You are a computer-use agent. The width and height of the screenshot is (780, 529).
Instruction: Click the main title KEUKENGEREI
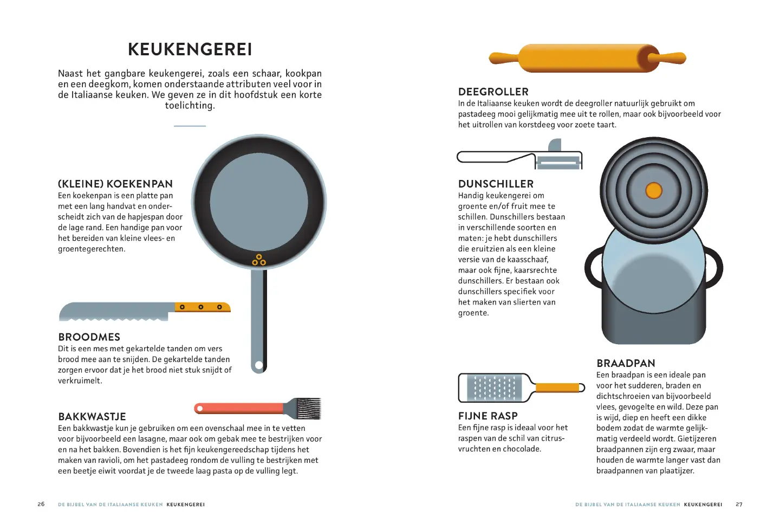point(190,49)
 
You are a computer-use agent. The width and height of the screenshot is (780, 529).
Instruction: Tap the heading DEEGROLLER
point(493,92)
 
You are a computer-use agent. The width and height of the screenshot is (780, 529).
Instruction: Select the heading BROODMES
point(89,337)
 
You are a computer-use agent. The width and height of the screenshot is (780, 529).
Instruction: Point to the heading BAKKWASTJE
point(92,416)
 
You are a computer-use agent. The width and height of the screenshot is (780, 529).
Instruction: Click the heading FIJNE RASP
point(487,416)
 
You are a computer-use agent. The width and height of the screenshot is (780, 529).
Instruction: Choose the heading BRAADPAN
point(626,363)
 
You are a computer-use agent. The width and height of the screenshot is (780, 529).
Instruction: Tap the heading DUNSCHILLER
point(496,184)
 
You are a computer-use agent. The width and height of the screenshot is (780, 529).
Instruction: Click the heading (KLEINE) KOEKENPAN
point(115,184)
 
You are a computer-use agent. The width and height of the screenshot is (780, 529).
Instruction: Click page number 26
point(41,504)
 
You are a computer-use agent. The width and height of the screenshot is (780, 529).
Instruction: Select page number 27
point(739,504)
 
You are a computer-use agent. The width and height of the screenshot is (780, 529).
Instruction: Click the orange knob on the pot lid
point(654,191)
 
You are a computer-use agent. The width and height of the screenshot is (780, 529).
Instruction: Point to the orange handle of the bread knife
point(201,307)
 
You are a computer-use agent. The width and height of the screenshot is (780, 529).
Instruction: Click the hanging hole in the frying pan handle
point(259,365)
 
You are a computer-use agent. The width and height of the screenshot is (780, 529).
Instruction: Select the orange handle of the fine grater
point(558,388)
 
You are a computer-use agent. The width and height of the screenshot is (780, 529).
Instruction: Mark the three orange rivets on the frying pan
point(259,260)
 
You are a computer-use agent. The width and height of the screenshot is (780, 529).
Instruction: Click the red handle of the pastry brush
point(238,408)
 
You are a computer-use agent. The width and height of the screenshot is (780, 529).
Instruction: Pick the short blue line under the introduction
point(190,126)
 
